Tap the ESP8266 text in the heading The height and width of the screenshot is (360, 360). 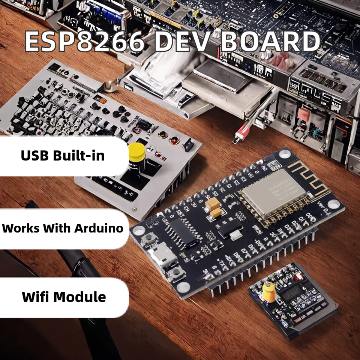[85, 42]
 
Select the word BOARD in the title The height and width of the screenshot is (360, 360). [269, 42]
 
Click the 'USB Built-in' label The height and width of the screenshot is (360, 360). [63, 156]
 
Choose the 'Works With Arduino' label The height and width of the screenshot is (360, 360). [63, 228]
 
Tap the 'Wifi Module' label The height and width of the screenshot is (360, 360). [64, 297]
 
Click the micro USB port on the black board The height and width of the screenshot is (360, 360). [162, 255]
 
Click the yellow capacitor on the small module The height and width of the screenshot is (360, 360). [268, 291]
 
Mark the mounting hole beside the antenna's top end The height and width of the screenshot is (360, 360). [285, 154]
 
